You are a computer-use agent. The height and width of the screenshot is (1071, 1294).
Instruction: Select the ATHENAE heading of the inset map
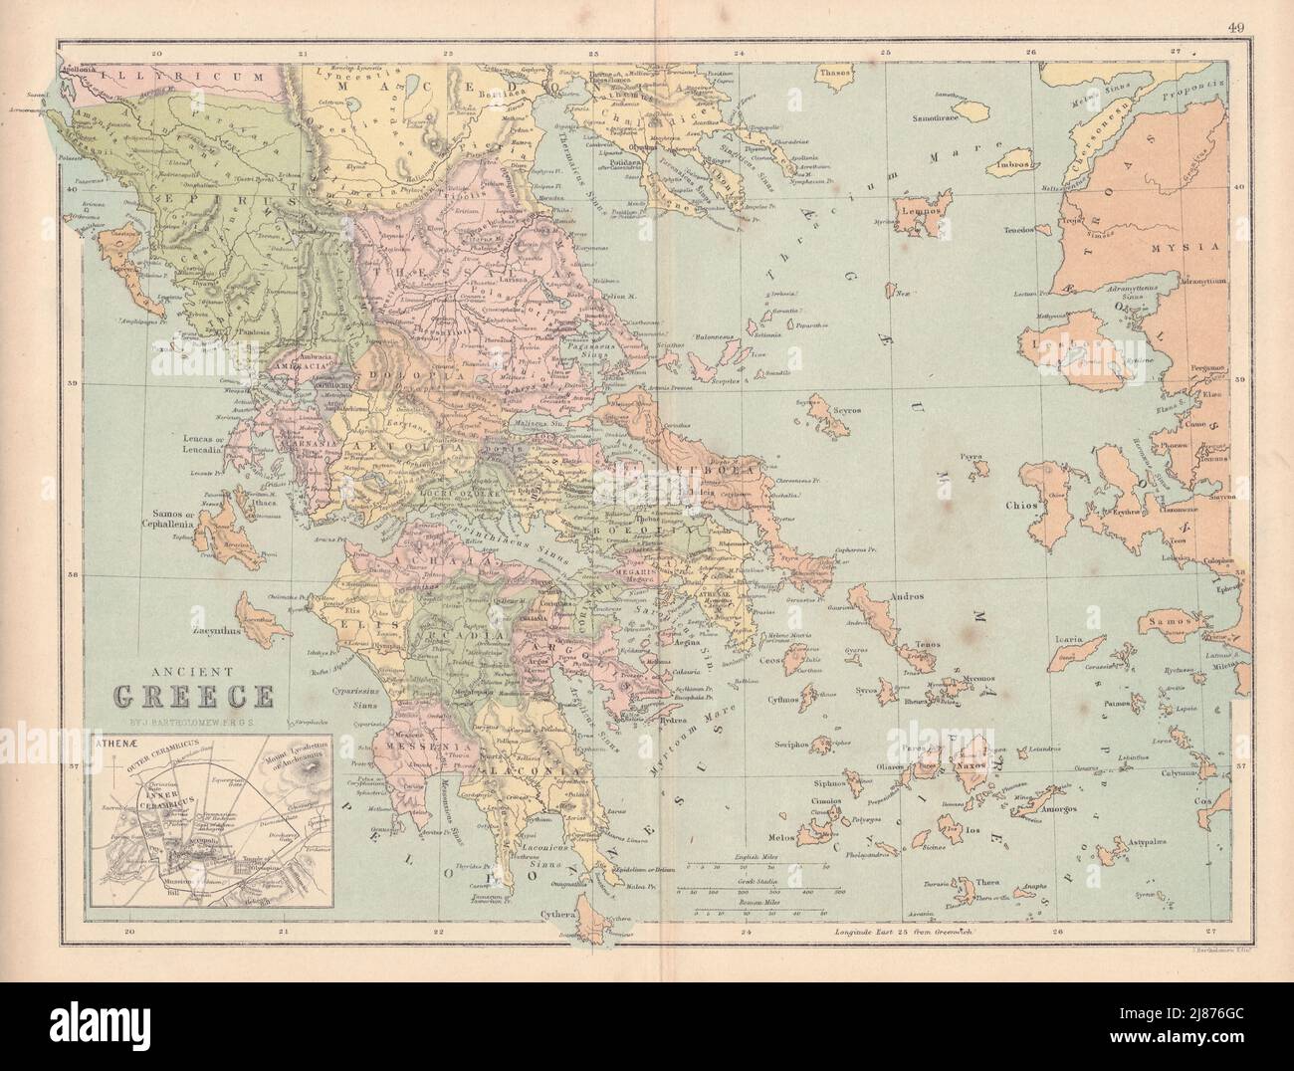(x=116, y=742)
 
